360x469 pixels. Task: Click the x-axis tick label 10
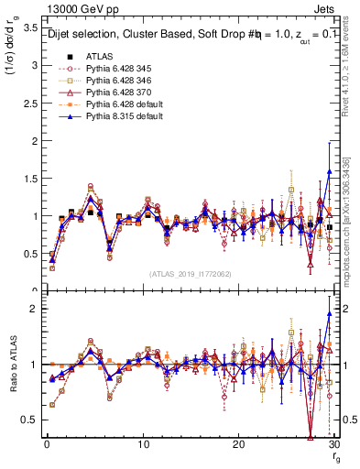click(142, 444)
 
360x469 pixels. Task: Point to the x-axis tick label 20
click(238, 444)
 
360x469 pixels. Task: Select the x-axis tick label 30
click(333, 444)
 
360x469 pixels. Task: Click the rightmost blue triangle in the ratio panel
click(329, 314)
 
